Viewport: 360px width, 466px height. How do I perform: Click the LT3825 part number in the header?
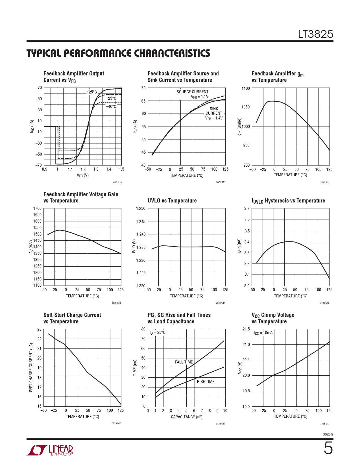(x=316, y=34)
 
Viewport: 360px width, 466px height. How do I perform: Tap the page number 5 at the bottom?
(x=328, y=448)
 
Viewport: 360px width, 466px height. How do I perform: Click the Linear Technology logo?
(x=50, y=450)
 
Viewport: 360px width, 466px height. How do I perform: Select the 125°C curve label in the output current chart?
(x=92, y=92)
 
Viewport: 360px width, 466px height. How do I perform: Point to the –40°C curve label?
(x=111, y=106)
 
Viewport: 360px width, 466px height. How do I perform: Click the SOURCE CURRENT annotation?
(x=192, y=92)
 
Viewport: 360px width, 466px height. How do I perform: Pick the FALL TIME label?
(x=184, y=362)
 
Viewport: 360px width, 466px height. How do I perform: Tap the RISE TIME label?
(x=206, y=382)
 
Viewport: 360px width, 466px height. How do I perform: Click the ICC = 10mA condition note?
(x=263, y=333)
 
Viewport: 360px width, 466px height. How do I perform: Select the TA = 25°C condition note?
(x=157, y=333)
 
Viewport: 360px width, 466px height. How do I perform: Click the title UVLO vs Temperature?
(x=172, y=201)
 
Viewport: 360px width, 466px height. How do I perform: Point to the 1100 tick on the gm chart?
(x=245, y=88)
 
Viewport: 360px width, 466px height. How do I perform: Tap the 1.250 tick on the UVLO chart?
(x=141, y=208)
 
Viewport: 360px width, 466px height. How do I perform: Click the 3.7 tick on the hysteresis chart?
(x=247, y=208)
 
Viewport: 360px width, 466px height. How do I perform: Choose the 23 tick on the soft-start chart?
(x=40, y=329)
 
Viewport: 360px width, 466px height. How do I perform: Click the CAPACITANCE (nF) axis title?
(x=187, y=417)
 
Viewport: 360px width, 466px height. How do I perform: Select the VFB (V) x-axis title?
(x=83, y=175)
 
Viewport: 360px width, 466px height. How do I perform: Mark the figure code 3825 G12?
(x=325, y=182)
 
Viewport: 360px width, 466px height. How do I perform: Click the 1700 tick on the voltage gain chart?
(x=37, y=208)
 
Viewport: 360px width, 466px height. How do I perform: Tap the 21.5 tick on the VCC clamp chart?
(x=246, y=329)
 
